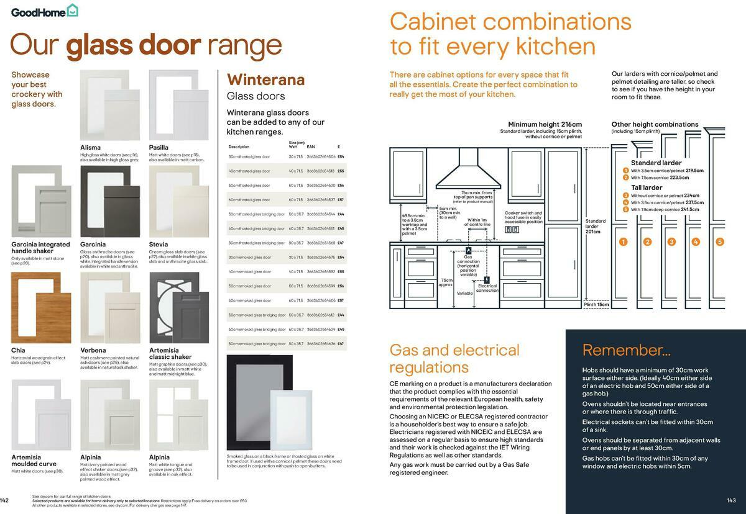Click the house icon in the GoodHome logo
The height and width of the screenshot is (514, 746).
[73, 11]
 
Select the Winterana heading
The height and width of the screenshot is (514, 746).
[265, 79]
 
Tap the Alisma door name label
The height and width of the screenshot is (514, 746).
[91, 147]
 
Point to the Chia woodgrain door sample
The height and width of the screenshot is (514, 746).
[36, 308]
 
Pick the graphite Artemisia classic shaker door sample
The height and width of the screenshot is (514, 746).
[174, 308]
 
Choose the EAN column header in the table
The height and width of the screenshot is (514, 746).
[311, 147]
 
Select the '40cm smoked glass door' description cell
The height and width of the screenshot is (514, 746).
[249, 271]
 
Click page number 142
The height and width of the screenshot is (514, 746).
[5, 500]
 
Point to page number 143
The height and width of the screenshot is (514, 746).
[731, 500]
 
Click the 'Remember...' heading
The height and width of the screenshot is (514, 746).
[626, 350]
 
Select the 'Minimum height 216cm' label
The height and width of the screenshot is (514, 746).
[545, 124]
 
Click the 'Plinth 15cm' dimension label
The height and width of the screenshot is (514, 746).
[596, 305]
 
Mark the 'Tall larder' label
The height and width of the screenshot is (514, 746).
[647, 187]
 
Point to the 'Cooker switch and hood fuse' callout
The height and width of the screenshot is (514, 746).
[523, 217]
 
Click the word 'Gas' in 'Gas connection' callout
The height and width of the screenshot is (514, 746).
[468, 256]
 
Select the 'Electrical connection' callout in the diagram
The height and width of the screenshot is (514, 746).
[487, 288]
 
